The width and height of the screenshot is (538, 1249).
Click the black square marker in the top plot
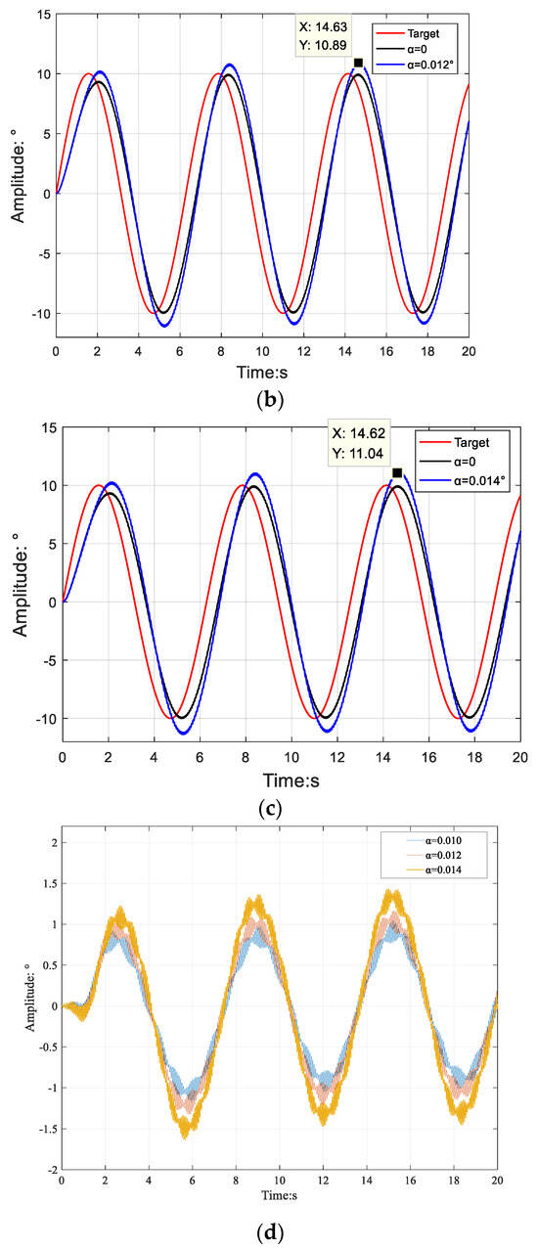[358, 63]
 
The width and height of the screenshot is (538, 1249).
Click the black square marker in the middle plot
[397, 472]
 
